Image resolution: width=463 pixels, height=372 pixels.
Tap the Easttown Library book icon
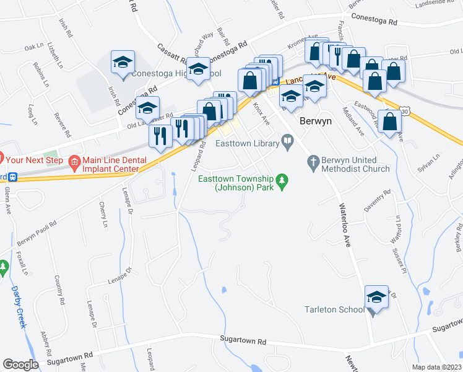(x=287, y=144)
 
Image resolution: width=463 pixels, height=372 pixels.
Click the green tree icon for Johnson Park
(x=283, y=180)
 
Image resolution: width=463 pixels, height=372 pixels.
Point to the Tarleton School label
(x=334, y=309)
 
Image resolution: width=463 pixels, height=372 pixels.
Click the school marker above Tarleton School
(x=376, y=299)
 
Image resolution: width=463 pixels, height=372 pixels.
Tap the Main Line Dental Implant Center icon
(x=74, y=163)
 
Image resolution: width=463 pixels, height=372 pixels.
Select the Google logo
(x=20, y=365)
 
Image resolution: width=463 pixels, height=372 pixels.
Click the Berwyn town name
(x=316, y=121)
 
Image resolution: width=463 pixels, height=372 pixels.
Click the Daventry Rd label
(x=378, y=203)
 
